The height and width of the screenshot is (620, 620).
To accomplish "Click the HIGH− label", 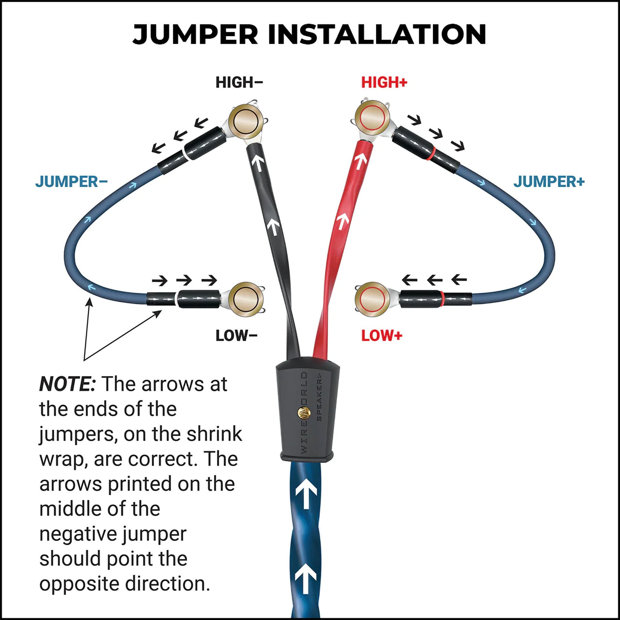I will coord(239,83).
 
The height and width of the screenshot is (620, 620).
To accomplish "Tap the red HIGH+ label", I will coord(384,83).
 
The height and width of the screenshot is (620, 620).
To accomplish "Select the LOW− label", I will coord(236,335).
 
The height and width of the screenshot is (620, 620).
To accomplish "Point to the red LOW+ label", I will coord(382,335).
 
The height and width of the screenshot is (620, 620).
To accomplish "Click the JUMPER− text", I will coord(71,182).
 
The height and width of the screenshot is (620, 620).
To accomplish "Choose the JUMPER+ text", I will coord(549,182).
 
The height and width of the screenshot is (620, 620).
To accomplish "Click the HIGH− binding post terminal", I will coord(245,121).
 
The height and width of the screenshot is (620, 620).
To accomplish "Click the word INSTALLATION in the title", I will coord(377,34).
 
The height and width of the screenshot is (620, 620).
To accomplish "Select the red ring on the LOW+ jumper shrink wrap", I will coord(442,298).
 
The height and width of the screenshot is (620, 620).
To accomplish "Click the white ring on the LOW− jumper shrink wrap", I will coord(177,298).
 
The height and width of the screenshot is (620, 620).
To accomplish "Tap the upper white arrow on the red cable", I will coord(360,161).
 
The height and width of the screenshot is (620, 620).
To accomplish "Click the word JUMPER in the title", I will coord(195,34).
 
